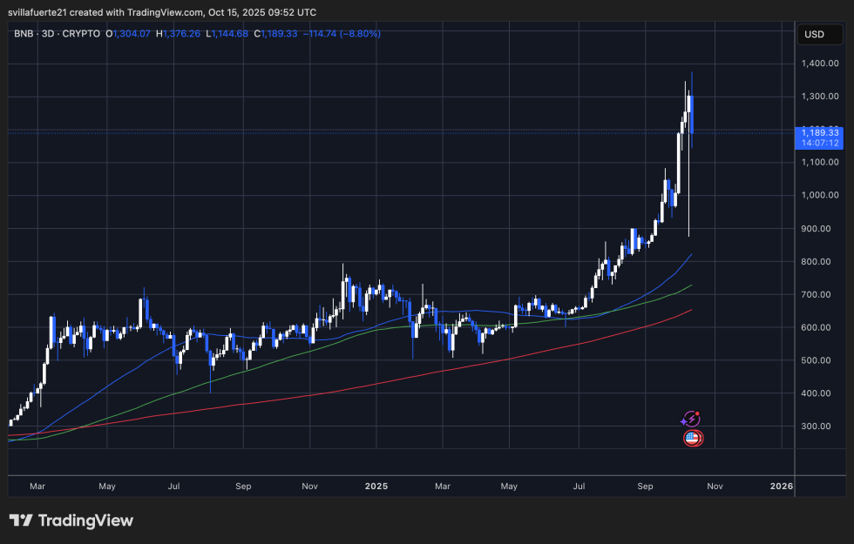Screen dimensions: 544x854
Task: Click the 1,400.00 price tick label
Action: point(821,64)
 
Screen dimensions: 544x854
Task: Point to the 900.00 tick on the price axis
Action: point(821,228)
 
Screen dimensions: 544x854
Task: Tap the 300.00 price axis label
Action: point(821,426)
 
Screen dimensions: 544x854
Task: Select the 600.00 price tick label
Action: point(821,327)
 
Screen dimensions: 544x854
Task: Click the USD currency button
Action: point(815,35)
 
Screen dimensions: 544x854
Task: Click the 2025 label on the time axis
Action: point(376,486)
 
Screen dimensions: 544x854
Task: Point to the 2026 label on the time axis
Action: point(782,486)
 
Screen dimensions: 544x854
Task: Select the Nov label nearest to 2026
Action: point(715,486)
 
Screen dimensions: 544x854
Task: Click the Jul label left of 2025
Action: point(173,486)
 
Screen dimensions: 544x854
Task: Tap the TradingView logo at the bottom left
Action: point(71,520)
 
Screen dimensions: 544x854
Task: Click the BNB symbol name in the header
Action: point(24,34)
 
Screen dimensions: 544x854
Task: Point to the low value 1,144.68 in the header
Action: point(230,34)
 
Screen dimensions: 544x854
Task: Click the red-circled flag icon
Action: point(693,438)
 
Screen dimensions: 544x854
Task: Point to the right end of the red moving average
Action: point(692,310)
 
